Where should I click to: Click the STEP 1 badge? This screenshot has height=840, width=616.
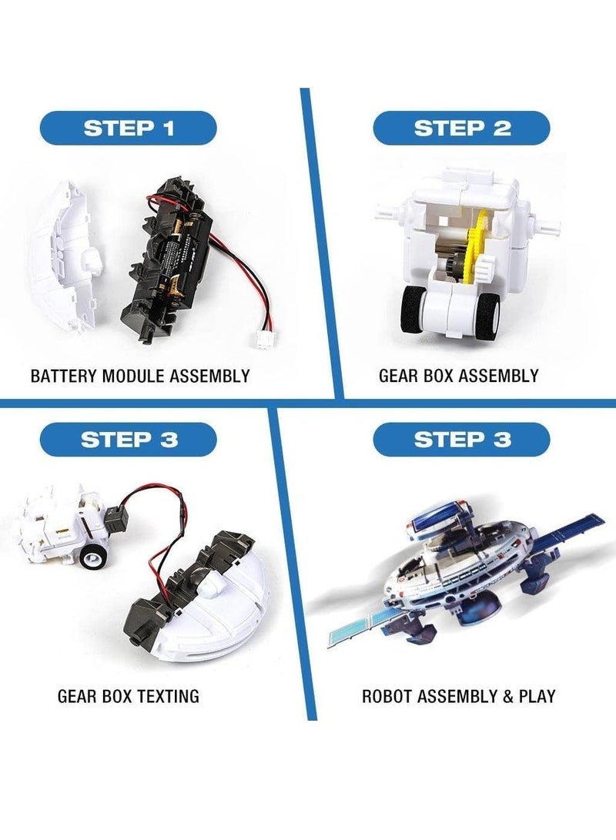pyautogui.click(x=129, y=128)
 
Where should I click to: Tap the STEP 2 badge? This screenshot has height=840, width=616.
pyautogui.click(x=462, y=128)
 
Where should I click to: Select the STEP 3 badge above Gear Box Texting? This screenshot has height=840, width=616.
pyautogui.click(x=129, y=440)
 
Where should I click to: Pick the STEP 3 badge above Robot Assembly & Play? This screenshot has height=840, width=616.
pyautogui.click(x=462, y=440)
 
